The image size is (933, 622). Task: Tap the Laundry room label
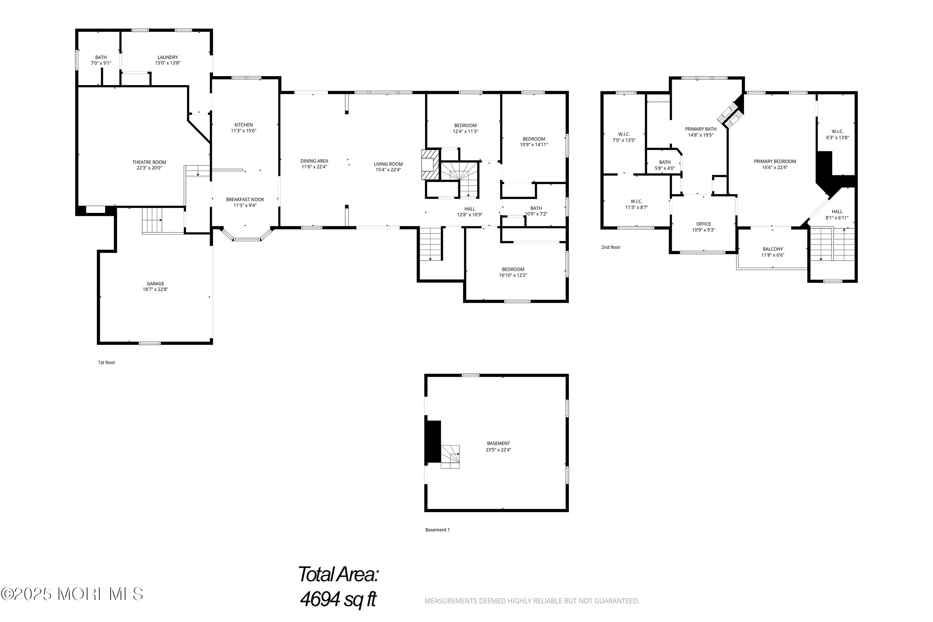(168, 57)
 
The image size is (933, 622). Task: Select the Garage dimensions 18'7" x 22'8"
(155, 290)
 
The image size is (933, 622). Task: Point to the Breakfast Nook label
(245, 199)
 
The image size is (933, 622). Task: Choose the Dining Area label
(314, 161)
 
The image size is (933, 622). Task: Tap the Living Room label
(388, 164)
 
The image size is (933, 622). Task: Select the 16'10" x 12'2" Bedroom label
(513, 272)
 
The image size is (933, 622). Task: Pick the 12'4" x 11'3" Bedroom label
(466, 129)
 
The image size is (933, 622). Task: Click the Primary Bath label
(701, 129)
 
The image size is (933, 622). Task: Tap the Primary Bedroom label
(775, 161)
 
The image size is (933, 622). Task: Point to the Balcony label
(773, 249)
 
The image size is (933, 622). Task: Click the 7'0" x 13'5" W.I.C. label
(624, 137)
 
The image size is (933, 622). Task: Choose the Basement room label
(499, 443)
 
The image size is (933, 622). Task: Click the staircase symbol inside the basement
(450, 456)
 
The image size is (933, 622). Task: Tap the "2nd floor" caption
(611, 247)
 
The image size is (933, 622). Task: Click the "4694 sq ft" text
(338, 599)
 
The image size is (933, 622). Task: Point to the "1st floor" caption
(107, 362)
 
